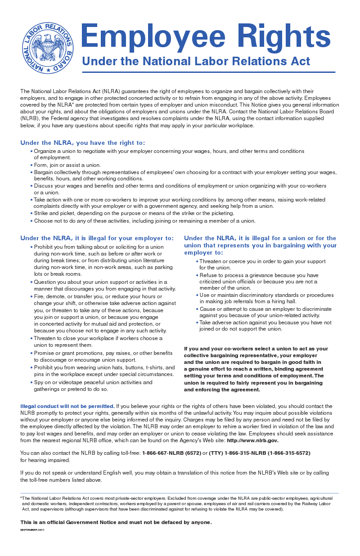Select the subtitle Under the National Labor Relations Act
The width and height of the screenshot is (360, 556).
coord(196,61)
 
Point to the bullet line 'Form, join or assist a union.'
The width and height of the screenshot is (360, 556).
coord(67,165)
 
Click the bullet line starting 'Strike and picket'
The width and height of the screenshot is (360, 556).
coord(134,213)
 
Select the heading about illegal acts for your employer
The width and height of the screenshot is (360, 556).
coord(97,238)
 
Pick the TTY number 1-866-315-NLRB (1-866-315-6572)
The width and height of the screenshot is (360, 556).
coord(260,453)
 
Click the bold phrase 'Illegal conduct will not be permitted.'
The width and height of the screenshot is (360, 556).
coord(67,406)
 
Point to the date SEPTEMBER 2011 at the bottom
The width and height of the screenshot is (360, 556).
coord(32,530)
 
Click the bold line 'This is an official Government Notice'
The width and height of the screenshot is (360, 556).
coord(116,522)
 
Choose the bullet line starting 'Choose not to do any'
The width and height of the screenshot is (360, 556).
coord(144,221)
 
